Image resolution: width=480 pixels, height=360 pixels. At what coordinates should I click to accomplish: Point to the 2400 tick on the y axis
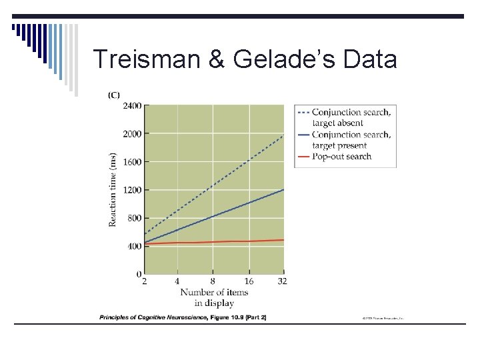(132, 105)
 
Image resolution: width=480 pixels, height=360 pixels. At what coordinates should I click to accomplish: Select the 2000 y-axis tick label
(132, 133)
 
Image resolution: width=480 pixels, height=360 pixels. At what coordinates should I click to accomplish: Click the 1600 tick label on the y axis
(132, 162)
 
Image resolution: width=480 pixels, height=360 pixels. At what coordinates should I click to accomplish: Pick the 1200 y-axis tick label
(132, 190)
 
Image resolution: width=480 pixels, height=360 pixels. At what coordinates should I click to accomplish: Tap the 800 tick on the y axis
(134, 218)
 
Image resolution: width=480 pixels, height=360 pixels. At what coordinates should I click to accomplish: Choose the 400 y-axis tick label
(134, 246)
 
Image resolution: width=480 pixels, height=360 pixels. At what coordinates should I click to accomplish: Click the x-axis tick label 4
(178, 281)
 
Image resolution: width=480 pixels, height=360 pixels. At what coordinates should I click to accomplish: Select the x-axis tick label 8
(213, 281)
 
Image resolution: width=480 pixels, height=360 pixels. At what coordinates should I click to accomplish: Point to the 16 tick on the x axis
(248, 281)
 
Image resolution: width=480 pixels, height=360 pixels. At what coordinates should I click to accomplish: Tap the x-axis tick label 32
(282, 281)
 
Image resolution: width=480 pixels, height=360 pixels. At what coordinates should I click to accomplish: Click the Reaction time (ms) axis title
(113, 189)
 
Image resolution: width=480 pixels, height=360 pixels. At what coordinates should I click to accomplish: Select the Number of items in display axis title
(214, 297)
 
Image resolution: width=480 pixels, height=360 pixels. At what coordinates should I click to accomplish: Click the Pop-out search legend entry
(341, 157)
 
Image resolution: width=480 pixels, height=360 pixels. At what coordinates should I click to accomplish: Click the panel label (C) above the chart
(114, 95)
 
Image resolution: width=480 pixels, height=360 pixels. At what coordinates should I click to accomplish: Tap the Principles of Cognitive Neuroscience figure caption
(183, 317)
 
